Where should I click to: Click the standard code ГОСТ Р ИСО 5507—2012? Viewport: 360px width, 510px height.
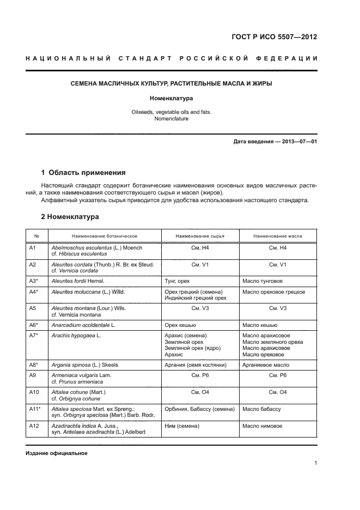274,38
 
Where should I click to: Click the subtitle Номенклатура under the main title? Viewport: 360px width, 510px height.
172,99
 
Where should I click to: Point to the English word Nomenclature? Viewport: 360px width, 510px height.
172,118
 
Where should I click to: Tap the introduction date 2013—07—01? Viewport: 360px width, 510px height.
297,142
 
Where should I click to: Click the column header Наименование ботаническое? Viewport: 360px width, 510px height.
104,236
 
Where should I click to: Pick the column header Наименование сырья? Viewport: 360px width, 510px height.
200,236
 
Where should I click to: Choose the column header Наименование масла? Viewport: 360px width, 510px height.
278,236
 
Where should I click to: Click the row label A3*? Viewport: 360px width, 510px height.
34,281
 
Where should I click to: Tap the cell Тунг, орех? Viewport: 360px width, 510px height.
177,281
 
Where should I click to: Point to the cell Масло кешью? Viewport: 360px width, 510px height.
258,325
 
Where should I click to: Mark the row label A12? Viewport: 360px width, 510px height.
33,425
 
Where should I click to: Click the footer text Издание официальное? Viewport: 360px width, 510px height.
57,453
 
